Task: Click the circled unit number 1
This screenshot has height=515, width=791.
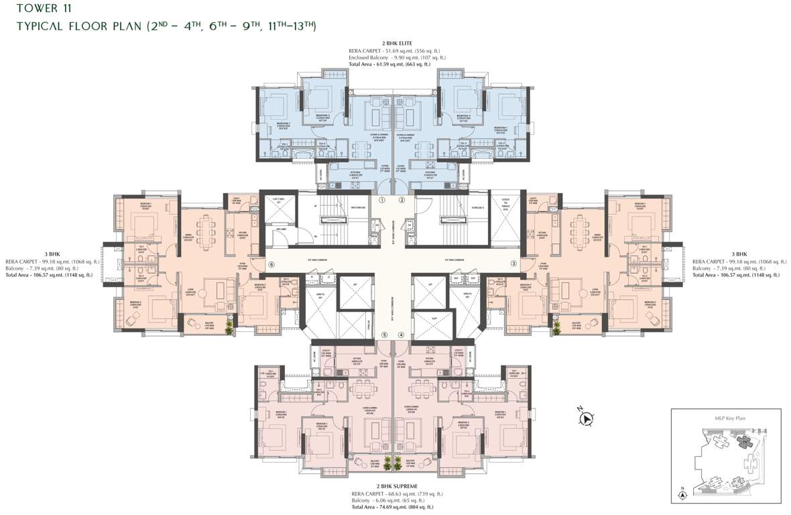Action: [x=382, y=200]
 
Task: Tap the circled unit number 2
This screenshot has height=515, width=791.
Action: [x=402, y=200]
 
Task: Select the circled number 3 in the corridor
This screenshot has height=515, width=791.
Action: [x=513, y=264]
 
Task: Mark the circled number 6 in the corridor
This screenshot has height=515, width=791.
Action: [x=271, y=265]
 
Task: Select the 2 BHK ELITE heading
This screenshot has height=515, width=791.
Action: [x=396, y=44]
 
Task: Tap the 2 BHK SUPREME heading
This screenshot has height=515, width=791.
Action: [x=396, y=485]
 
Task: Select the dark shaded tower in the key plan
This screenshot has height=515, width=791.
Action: [x=743, y=440]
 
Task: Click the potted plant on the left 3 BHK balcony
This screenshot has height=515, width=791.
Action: [x=230, y=327]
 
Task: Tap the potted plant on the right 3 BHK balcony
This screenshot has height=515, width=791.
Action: [x=556, y=327]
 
